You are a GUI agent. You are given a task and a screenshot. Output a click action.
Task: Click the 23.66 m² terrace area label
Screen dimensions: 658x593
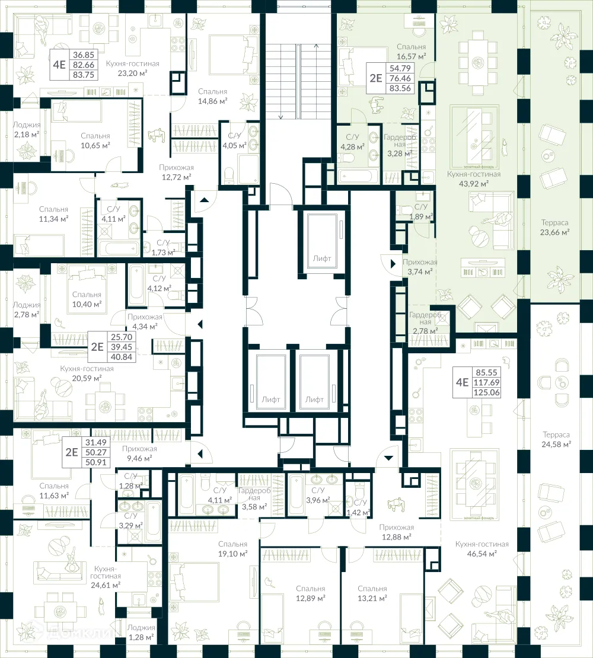(x=554, y=228)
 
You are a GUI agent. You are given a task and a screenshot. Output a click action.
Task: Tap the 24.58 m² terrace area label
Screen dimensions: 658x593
(x=556, y=439)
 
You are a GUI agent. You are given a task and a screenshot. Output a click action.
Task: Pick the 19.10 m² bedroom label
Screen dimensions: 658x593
(x=232, y=548)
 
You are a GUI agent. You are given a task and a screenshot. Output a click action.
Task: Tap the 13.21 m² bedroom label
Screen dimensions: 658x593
(x=372, y=593)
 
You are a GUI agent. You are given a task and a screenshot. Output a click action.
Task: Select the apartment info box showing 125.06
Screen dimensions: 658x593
(x=478, y=383)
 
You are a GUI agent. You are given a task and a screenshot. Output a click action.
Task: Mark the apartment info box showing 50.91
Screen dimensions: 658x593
(x=86, y=452)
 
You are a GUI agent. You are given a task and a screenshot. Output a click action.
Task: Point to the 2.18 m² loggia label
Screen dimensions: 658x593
(x=26, y=130)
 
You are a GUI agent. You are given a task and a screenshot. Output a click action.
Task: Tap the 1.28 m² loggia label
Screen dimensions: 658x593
(x=141, y=632)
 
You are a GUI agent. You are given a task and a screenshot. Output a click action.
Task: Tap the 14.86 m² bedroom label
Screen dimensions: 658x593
(x=212, y=97)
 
